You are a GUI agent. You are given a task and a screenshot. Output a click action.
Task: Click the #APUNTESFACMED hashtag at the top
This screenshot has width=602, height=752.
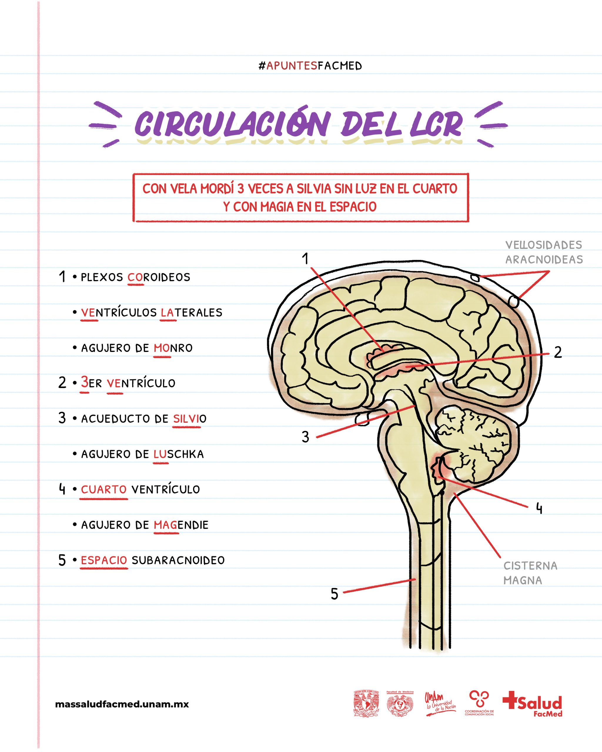[310, 66]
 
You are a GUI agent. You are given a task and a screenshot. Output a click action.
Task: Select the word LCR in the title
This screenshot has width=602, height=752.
[436, 124]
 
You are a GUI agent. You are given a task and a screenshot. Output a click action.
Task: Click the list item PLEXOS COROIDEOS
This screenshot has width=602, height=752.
[136, 277]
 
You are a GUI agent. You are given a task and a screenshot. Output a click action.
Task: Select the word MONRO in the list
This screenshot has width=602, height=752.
[173, 348]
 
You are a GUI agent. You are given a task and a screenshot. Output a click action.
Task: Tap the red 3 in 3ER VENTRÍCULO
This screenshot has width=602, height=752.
[84, 382]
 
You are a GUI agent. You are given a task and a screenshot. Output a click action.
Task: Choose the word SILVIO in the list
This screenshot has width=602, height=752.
[190, 419]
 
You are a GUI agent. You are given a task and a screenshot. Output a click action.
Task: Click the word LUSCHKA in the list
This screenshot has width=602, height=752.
[178, 454]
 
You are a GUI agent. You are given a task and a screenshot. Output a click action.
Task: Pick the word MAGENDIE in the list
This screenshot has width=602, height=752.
[181, 525]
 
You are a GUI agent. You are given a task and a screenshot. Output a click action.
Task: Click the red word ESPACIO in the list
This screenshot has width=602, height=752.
[104, 560]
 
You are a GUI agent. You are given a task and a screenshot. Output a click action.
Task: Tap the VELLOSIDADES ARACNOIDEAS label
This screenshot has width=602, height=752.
[544, 252]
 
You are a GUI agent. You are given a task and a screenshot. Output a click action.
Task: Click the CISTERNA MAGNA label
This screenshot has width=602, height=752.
[530, 573]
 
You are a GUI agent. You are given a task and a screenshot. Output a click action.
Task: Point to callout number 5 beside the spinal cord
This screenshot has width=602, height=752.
[334, 594]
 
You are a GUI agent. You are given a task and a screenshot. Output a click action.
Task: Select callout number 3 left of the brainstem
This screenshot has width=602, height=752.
[305, 437]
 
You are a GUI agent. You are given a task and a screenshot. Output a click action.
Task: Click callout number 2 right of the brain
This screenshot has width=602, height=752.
[558, 352]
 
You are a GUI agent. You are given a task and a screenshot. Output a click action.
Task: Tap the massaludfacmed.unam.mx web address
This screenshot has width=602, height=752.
[122, 704]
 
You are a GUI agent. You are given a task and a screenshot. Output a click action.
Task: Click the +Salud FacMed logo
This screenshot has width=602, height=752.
[533, 704]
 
